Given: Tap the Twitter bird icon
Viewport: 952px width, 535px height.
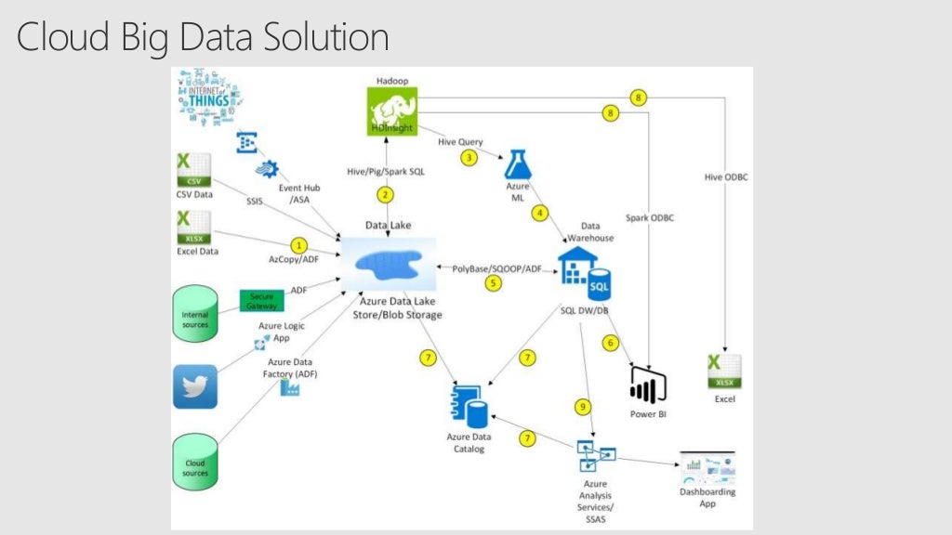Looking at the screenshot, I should coord(195,386).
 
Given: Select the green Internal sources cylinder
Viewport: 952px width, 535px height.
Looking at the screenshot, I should coord(195,316).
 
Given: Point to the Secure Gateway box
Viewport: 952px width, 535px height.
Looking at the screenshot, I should coord(261,299).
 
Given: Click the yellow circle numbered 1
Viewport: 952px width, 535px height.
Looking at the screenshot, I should coord(298,245).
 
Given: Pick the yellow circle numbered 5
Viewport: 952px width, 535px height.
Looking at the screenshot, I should coord(493,283).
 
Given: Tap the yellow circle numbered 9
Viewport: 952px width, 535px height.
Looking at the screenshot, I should coord(583,407).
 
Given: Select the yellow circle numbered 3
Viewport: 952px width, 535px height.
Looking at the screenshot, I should coord(469,158).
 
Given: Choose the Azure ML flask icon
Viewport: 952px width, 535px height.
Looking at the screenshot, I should coord(518,164).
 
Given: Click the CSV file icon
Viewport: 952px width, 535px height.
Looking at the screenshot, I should coord(193,171).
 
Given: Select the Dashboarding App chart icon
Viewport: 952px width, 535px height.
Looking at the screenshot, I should coord(707,467).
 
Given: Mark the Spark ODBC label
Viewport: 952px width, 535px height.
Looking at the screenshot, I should coord(650,217).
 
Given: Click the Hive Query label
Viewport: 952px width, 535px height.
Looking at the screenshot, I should coord(461,141).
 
